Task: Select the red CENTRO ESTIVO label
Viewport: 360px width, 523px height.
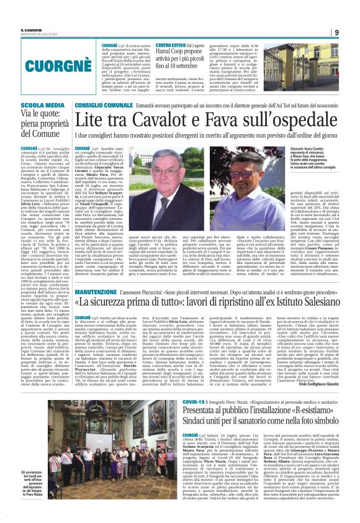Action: point(171,46)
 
